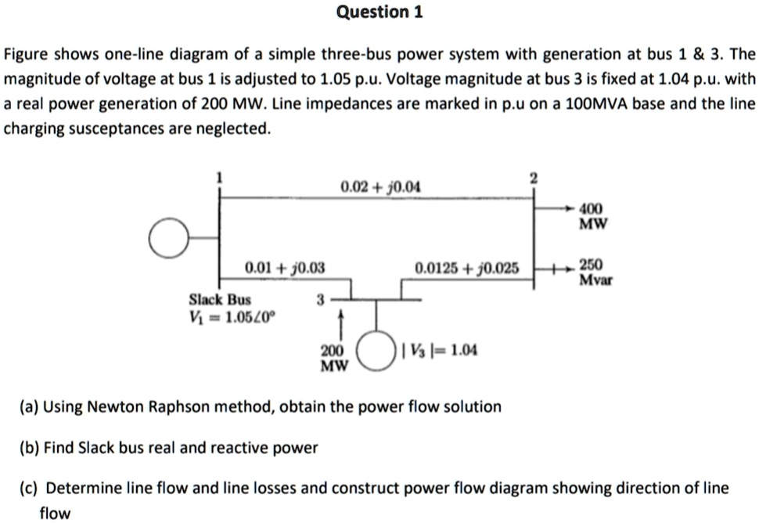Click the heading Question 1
pos(379,13)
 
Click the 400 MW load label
pos(592,217)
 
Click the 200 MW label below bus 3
pos(332,358)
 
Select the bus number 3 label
pos(318,299)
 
